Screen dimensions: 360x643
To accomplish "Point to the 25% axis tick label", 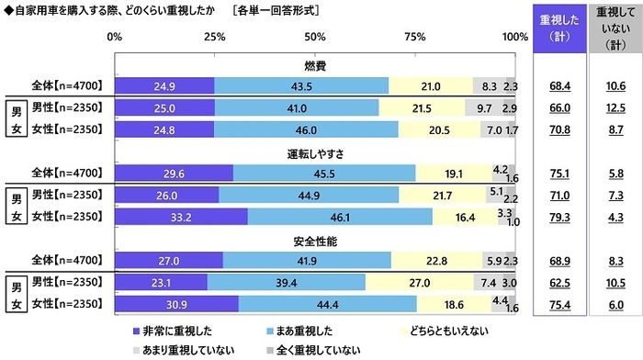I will pyautogui.click(x=215, y=38).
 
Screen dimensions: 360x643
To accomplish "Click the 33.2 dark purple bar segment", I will pyautogui.click(x=181, y=217).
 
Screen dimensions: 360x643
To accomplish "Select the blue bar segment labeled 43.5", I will pyautogui.click(x=301, y=85).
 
